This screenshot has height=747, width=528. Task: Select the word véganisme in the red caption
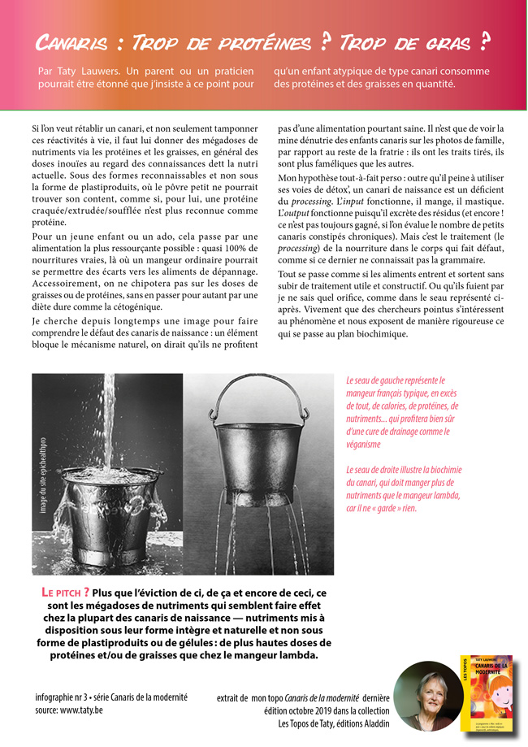(363, 445)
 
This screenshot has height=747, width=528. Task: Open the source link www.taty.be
(82, 710)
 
